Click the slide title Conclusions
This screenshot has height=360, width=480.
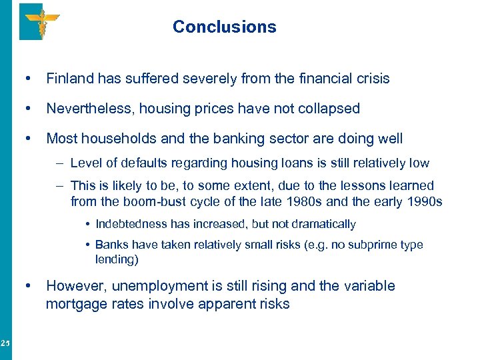click(224, 27)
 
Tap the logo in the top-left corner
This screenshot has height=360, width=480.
click(39, 21)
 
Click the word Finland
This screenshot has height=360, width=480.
click(71, 79)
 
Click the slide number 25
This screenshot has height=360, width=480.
click(5, 343)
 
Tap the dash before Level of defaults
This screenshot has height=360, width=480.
click(61, 163)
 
